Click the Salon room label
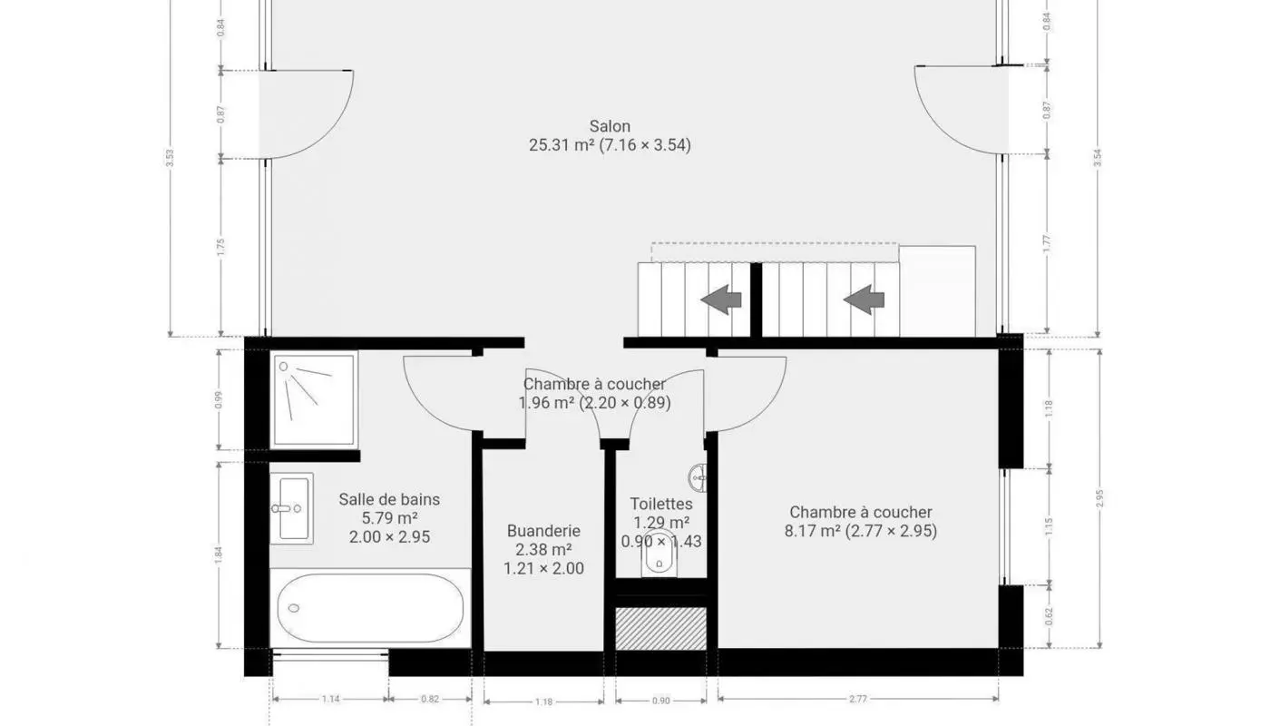click(610, 126)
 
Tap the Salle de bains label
click(389, 499)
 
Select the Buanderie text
click(543, 531)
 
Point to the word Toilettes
click(661, 504)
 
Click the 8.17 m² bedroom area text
click(812, 532)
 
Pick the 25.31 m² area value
click(561, 145)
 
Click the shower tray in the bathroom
click(313, 400)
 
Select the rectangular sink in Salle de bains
click(291, 508)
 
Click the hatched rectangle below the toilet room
click(660, 628)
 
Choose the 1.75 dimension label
click(220, 248)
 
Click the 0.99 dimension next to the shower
click(220, 400)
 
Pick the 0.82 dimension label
click(430, 700)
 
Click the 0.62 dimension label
click(1050, 617)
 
